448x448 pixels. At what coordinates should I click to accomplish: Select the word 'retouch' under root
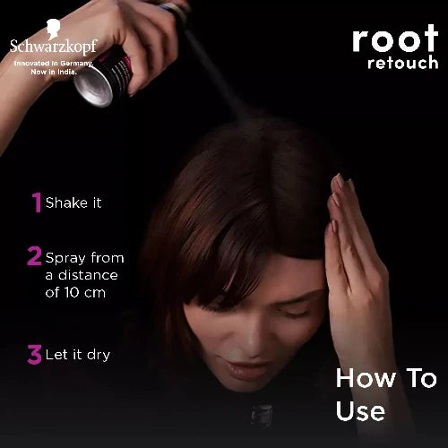402,64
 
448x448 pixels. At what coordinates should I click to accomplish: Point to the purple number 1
37,202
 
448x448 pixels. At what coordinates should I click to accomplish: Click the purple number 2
34,258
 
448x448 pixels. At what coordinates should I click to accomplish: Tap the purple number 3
35,355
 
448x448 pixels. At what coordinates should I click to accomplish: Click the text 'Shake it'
73,202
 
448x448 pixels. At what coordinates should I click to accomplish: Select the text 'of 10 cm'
81,292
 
